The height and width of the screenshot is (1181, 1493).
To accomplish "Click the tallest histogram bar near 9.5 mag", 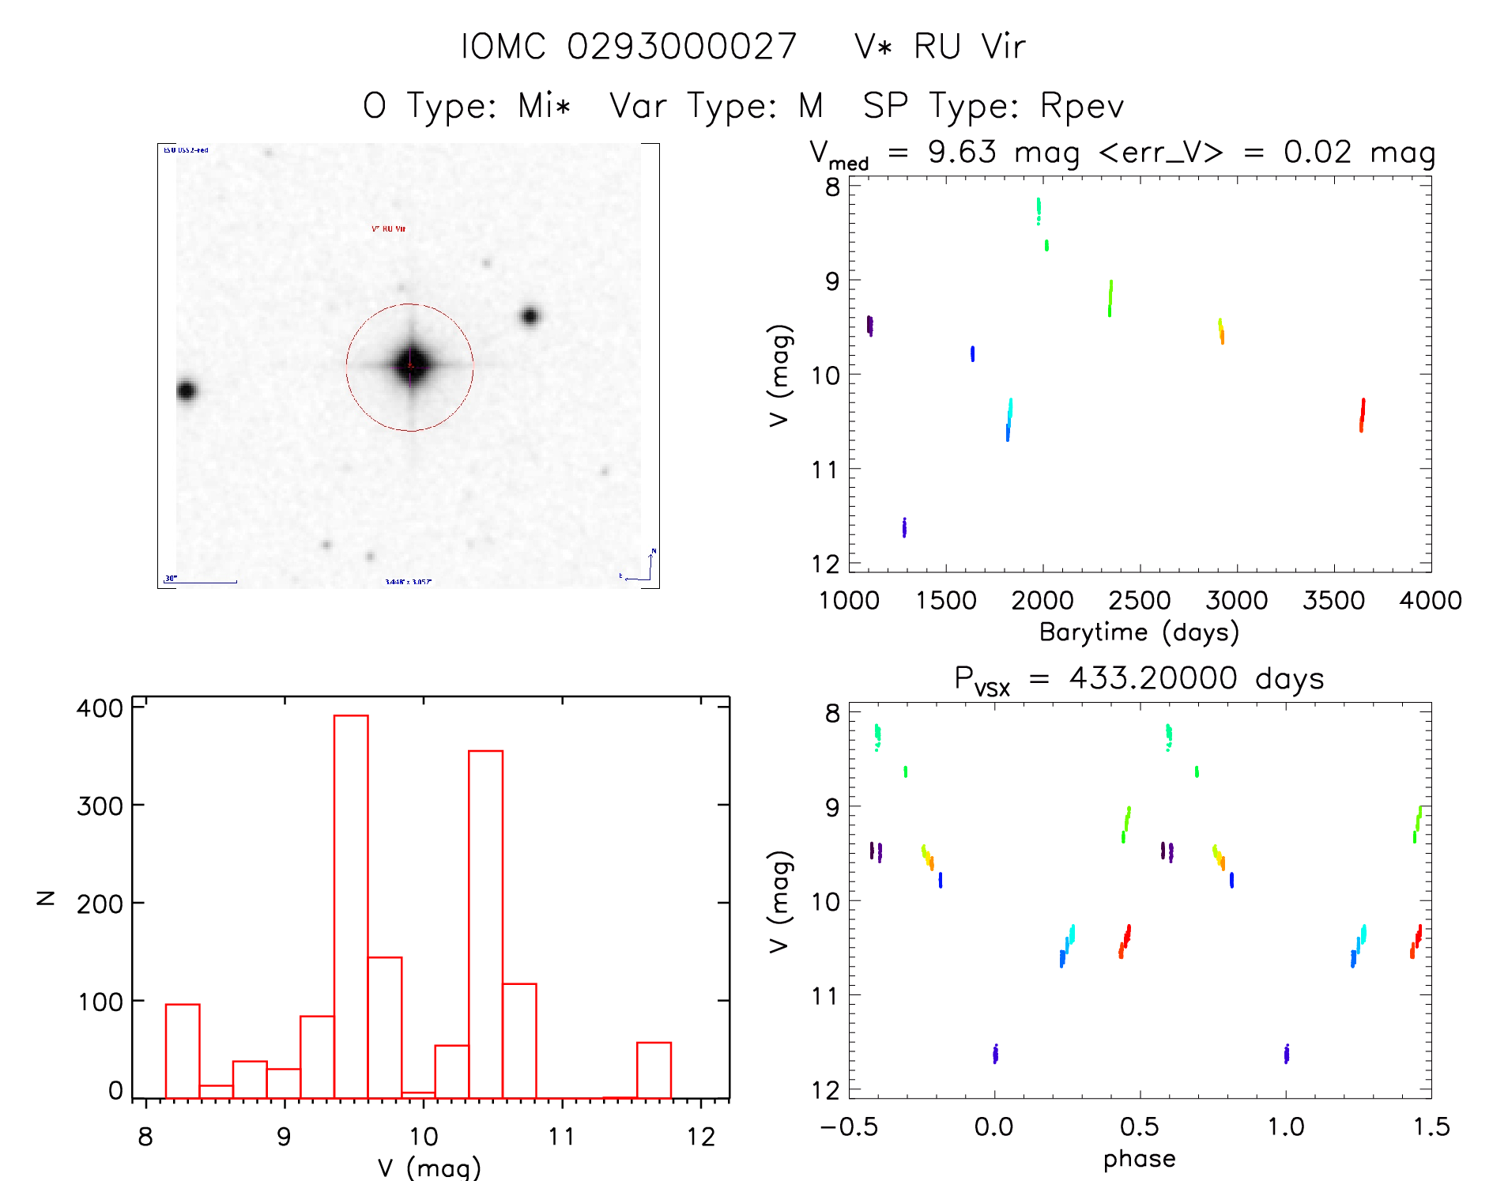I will pos(351,906).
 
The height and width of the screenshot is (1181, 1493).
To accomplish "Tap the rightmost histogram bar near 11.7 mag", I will pos(654,1070).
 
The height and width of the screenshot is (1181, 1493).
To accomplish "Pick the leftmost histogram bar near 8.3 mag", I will pos(183,1051).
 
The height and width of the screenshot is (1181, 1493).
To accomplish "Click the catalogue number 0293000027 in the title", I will pos(681,47).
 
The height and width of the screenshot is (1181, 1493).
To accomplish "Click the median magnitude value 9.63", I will pos(962,152).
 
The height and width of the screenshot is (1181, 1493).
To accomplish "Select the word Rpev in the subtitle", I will pos(1081,106).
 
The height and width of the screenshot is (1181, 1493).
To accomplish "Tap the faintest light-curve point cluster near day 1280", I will pos(904,527).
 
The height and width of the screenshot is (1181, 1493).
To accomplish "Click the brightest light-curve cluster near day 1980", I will pos(1039,210).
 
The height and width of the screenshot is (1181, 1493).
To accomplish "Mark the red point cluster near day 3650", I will pos(1362,415).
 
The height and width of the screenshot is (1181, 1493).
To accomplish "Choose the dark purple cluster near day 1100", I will pos(869,325).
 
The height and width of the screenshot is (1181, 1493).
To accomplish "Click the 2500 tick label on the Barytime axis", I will pos(1139,600).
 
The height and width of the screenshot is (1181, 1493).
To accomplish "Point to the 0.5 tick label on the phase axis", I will pos(1139,1126).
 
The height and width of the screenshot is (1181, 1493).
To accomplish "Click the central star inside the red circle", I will pos(410,364).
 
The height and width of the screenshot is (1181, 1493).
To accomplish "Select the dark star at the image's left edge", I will pos(187,390).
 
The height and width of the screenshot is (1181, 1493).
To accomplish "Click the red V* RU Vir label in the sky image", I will pos(388,229).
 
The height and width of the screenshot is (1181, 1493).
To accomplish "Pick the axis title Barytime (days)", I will pos(1138,632).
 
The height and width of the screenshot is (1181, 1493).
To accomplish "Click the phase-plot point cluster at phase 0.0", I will pos(995,1053).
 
